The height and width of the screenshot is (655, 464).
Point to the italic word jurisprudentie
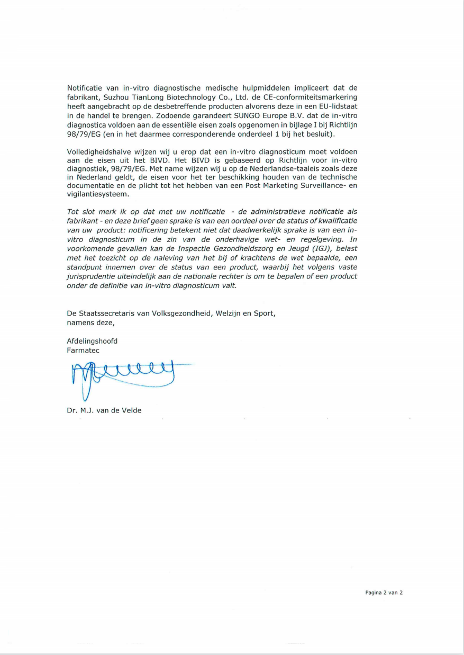coord(91,276)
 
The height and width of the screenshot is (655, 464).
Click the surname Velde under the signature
coord(131,410)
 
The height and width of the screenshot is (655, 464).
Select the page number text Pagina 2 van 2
coord(384,593)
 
